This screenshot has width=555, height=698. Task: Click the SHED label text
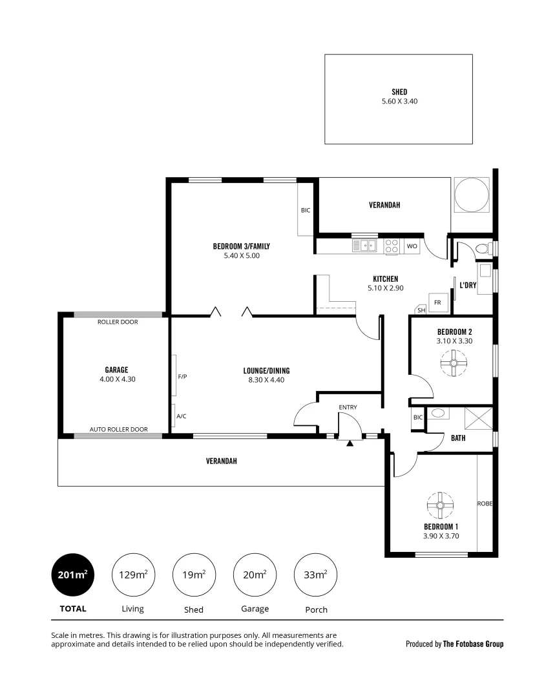click(399, 92)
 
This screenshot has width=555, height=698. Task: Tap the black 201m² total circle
click(72, 574)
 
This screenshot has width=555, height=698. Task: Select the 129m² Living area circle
click(132, 574)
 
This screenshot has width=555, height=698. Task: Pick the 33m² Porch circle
click(315, 574)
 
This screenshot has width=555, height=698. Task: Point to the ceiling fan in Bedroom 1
click(440, 506)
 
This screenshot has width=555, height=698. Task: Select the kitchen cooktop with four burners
click(392, 246)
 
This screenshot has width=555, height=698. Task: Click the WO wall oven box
click(412, 246)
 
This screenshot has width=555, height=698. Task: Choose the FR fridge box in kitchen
click(437, 302)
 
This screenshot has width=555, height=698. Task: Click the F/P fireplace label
click(182, 375)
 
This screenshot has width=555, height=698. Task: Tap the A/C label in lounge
click(182, 416)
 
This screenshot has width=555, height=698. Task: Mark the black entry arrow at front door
click(350, 443)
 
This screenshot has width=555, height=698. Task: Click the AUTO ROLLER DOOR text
click(118, 429)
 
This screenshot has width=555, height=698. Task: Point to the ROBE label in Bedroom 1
click(485, 503)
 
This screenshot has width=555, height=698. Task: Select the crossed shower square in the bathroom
click(477, 418)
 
